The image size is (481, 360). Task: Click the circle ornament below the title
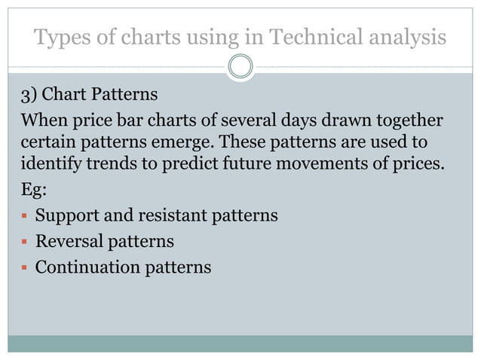coord(240,66)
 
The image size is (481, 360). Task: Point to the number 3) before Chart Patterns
coord(30,96)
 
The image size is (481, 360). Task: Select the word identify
coord(48,162)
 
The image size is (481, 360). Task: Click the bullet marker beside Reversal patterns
coord(25,242)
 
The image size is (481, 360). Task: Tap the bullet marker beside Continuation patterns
coord(25,267)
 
